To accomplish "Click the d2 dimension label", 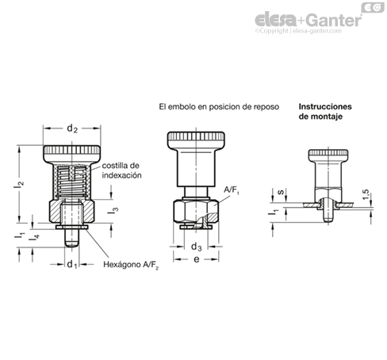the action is pyautogui.click(x=72, y=128).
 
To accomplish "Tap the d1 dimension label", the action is pyautogui.click(x=72, y=264).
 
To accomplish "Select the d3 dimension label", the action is pyautogui.click(x=196, y=247).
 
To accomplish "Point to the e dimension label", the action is pyautogui.click(x=197, y=259).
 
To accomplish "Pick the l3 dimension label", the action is pyautogui.click(x=113, y=211).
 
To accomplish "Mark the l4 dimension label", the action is pyautogui.click(x=34, y=237).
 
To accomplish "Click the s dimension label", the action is pyautogui.click(x=282, y=192).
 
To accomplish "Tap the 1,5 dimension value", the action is pyautogui.click(x=366, y=195).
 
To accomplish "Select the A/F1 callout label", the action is pyautogui.click(x=232, y=190).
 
